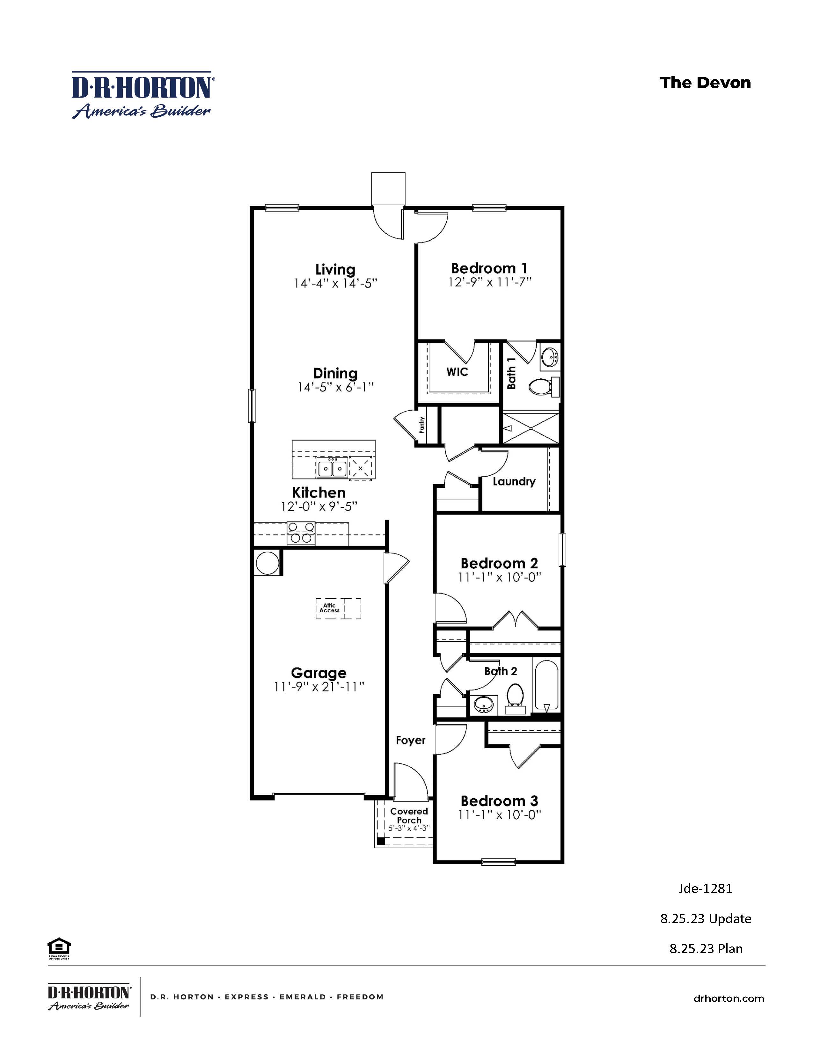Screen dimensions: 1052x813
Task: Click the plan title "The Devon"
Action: (x=705, y=83)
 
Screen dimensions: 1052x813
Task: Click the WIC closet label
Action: (x=457, y=372)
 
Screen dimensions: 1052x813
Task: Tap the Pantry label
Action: (x=422, y=425)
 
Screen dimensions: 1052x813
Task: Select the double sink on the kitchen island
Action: (x=332, y=468)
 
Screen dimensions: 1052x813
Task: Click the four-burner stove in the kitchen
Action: (x=301, y=534)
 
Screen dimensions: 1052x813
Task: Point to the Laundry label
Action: (x=514, y=481)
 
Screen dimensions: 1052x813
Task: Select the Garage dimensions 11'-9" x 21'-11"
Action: (x=319, y=687)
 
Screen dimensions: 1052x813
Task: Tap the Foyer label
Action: (x=410, y=740)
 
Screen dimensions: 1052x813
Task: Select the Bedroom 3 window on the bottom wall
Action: (x=499, y=862)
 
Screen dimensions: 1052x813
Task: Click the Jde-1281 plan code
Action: (x=705, y=888)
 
